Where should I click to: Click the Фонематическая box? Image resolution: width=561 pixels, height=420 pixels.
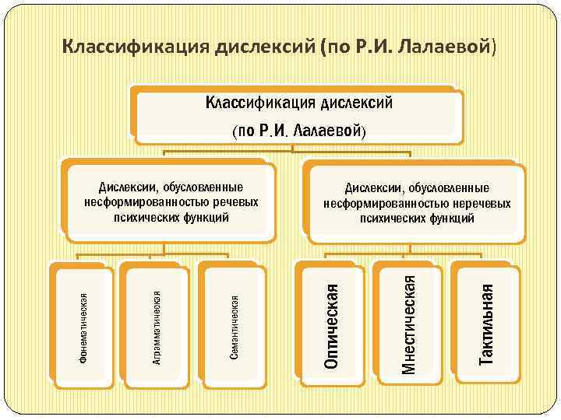pyautogui.click(x=82, y=324)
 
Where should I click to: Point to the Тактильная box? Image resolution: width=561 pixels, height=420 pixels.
pyautogui.click(x=486, y=324)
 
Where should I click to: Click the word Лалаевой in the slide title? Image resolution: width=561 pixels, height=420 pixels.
pyautogui.click(x=445, y=46)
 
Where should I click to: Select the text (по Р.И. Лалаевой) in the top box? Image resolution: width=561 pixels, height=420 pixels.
pyautogui.click(x=298, y=130)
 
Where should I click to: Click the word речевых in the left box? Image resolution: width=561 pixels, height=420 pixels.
pyautogui.click(x=237, y=202)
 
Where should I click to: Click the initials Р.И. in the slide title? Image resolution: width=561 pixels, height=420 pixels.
pyautogui.click(x=374, y=46)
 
